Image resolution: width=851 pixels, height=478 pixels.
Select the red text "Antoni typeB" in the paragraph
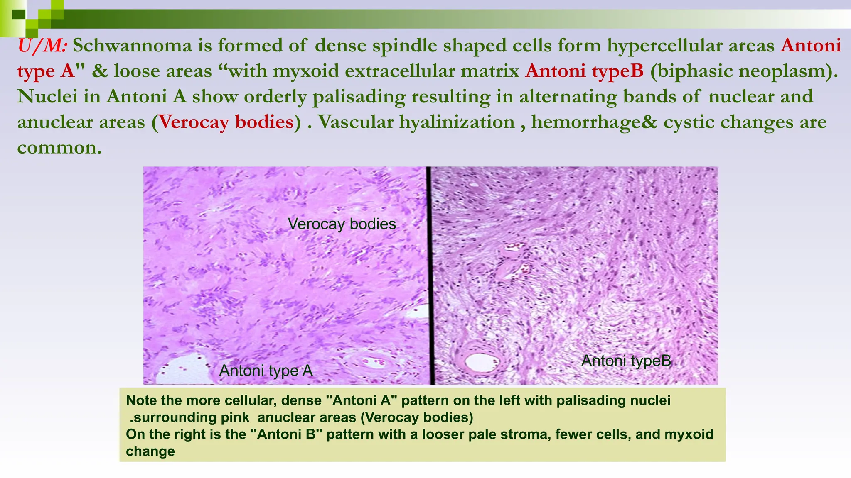(x=584, y=71)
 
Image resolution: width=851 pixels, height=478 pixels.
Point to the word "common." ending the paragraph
(x=59, y=148)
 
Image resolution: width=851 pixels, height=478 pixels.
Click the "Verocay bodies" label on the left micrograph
(x=342, y=224)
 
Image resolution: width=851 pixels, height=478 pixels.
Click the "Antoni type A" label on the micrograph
(x=266, y=371)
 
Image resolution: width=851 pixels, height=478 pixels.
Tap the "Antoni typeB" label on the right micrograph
(x=626, y=361)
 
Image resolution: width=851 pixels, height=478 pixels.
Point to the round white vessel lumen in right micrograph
(x=480, y=362)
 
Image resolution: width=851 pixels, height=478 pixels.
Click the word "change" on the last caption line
(x=150, y=451)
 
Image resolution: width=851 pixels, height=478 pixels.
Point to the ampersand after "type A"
(x=99, y=71)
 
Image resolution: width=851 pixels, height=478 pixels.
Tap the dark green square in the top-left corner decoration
(x=19, y=15)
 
